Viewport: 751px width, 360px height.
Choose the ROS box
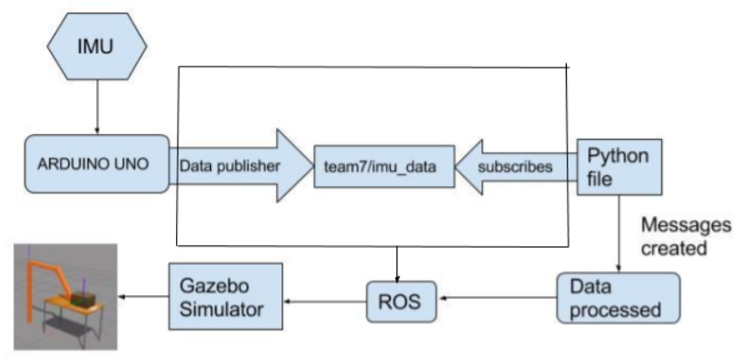pyautogui.click(x=398, y=300)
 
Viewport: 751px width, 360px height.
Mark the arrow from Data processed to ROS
pyautogui.click(x=495, y=299)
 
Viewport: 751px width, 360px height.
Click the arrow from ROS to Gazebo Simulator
pyautogui.click(x=323, y=299)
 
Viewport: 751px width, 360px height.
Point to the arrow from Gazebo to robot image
pyautogui.click(x=144, y=296)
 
